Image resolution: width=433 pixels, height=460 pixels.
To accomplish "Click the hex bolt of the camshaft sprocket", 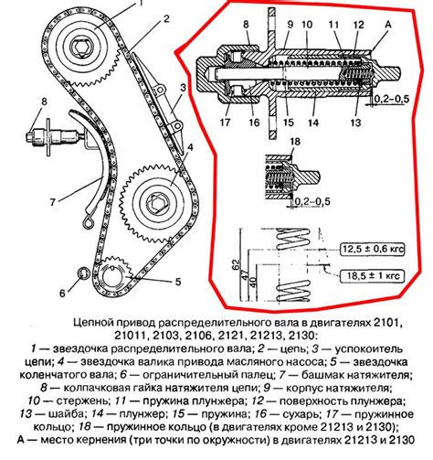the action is (81, 48).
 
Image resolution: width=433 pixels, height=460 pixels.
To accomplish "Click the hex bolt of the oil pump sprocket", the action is (156, 202).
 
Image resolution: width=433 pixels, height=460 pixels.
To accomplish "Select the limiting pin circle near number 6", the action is (83, 273).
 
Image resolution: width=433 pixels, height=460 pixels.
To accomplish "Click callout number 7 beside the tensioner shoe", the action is (52, 202).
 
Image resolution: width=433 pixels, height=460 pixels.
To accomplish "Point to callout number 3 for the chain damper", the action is (183, 88).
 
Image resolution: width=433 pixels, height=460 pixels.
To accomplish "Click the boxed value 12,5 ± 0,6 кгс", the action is (373, 250).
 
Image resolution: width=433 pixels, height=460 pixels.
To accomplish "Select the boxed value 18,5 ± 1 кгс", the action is (373, 276).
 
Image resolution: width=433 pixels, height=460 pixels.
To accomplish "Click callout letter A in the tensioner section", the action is (388, 25).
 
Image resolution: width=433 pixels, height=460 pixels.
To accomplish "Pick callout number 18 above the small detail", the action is (295, 142).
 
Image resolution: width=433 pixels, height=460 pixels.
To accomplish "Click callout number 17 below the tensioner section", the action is (225, 123).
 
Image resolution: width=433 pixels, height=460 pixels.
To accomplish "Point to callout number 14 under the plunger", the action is (313, 123).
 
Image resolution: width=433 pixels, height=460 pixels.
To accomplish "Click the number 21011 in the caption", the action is (131, 336).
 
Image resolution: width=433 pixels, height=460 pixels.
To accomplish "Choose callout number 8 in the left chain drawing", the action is (45, 102).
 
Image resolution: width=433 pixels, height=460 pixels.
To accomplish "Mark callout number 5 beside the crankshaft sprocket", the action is (178, 282).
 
